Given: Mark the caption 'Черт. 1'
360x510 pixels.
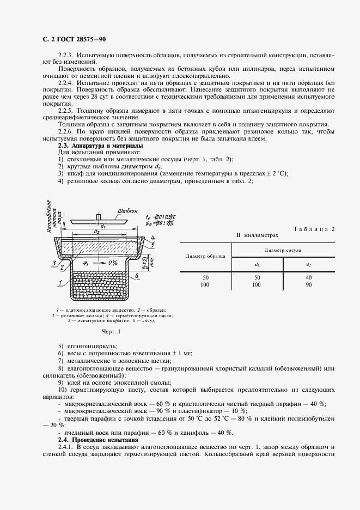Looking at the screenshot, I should click(111, 331).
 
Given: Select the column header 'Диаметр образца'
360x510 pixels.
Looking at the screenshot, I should click(205, 256).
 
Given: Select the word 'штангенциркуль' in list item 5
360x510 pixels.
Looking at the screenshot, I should click(91, 346).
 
